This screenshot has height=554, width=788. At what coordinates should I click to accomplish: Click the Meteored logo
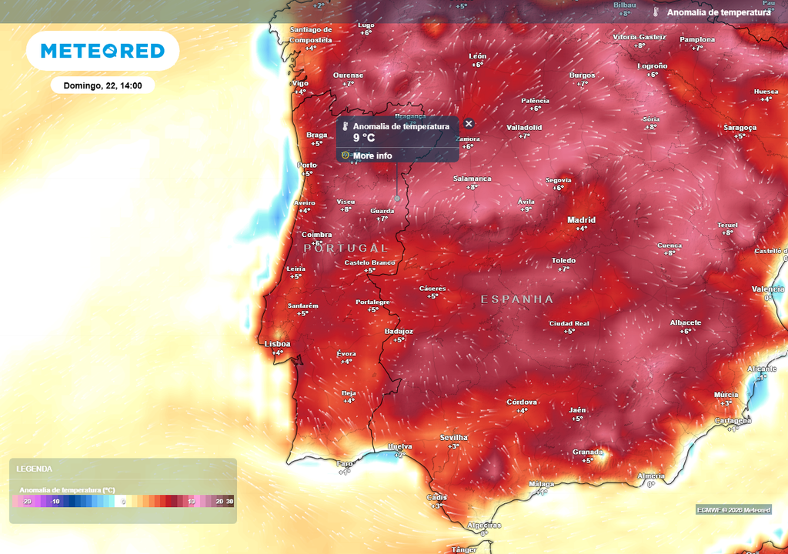click(102, 51)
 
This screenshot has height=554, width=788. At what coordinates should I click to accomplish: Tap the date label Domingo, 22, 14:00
click(102, 85)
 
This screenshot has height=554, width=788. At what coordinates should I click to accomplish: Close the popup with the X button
click(469, 123)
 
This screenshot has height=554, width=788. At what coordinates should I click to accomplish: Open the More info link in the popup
click(372, 155)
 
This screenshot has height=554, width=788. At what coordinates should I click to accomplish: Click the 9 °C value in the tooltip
click(364, 138)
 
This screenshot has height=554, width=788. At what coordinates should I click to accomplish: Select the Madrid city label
click(581, 220)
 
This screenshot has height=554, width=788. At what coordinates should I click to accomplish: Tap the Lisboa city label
click(277, 344)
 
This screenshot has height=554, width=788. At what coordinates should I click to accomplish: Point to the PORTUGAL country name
click(346, 248)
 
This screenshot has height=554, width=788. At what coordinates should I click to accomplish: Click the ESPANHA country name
click(517, 299)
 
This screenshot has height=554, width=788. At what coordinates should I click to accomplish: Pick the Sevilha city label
click(453, 437)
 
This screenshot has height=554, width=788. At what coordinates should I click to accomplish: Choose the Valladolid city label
click(524, 127)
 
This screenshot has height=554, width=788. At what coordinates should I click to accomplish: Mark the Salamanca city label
click(472, 179)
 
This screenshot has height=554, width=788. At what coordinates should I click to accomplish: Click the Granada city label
click(587, 452)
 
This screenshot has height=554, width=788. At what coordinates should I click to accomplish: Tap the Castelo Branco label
click(369, 262)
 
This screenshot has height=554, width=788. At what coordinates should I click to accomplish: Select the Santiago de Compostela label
click(311, 35)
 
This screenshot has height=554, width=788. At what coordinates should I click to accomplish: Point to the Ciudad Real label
click(569, 323)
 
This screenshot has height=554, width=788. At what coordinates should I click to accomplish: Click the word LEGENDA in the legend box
click(34, 469)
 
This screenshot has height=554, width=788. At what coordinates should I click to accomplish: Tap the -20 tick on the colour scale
click(27, 502)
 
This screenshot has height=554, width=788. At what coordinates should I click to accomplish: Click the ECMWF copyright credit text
click(733, 509)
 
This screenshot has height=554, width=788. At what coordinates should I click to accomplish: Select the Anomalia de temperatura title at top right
click(718, 12)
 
